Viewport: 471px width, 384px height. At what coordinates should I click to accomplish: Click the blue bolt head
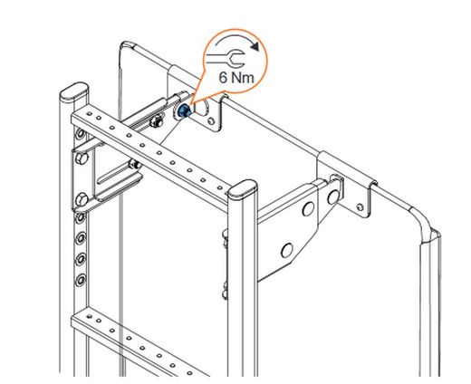[184, 111]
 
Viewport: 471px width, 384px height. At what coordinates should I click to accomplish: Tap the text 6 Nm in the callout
[236, 78]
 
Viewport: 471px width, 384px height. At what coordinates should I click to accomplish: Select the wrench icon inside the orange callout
[225, 58]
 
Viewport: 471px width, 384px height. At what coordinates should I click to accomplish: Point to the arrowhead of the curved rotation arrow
[255, 46]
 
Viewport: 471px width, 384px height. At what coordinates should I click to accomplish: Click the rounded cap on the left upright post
[74, 91]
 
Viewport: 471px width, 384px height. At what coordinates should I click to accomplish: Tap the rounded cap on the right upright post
[243, 189]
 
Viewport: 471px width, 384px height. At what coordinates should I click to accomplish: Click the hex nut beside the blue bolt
[157, 121]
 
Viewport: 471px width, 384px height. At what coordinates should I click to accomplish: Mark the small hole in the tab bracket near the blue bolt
[212, 120]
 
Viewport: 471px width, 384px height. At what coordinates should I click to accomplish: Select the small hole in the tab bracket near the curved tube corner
[360, 207]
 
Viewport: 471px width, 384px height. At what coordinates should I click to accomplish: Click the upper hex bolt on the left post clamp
[82, 158]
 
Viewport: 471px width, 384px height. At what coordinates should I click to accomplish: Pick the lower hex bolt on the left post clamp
[82, 199]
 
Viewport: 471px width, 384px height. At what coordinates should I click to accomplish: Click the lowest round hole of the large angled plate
[286, 250]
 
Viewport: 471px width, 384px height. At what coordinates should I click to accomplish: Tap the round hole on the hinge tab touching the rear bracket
[333, 197]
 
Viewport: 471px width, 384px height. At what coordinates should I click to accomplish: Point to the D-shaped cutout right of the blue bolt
[201, 108]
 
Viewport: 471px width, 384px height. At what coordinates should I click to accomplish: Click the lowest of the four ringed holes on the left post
[81, 280]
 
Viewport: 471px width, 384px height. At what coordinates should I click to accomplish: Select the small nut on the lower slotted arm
[135, 165]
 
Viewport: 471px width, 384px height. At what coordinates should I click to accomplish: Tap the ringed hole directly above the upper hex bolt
[81, 133]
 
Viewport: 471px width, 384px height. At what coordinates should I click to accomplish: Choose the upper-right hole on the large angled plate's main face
[308, 209]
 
